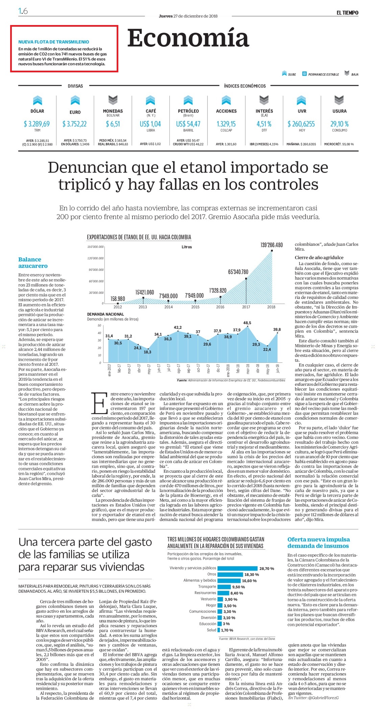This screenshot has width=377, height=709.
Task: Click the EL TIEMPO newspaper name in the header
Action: tap(347, 13)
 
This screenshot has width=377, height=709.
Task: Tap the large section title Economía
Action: tap(188, 38)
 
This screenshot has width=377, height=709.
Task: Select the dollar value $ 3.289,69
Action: tap(37, 124)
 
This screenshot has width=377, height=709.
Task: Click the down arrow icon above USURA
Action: tap(339, 100)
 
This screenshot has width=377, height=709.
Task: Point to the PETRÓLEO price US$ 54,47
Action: tap(188, 124)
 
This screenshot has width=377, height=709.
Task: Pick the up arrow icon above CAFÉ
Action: tap(150, 100)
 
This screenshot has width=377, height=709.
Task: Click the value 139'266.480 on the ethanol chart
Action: tap(272, 245)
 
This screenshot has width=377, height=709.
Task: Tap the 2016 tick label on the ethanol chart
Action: tap(220, 307)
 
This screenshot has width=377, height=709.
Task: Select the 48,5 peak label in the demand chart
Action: tap(247, 323)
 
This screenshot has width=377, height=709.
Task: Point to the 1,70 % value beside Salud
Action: tap(227, 630)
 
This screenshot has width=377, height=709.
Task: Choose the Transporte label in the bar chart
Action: tap(207, 587)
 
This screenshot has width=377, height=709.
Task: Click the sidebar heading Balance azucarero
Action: tap(33, 263)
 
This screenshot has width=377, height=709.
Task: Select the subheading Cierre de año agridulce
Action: tap(319, 257)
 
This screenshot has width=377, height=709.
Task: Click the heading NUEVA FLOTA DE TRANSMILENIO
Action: tap(54, 42)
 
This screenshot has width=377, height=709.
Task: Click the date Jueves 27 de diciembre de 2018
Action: tap(188, 16)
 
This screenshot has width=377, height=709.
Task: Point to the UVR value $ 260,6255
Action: tap(301, 124)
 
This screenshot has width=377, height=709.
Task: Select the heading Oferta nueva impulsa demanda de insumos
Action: tap(319, 543)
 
